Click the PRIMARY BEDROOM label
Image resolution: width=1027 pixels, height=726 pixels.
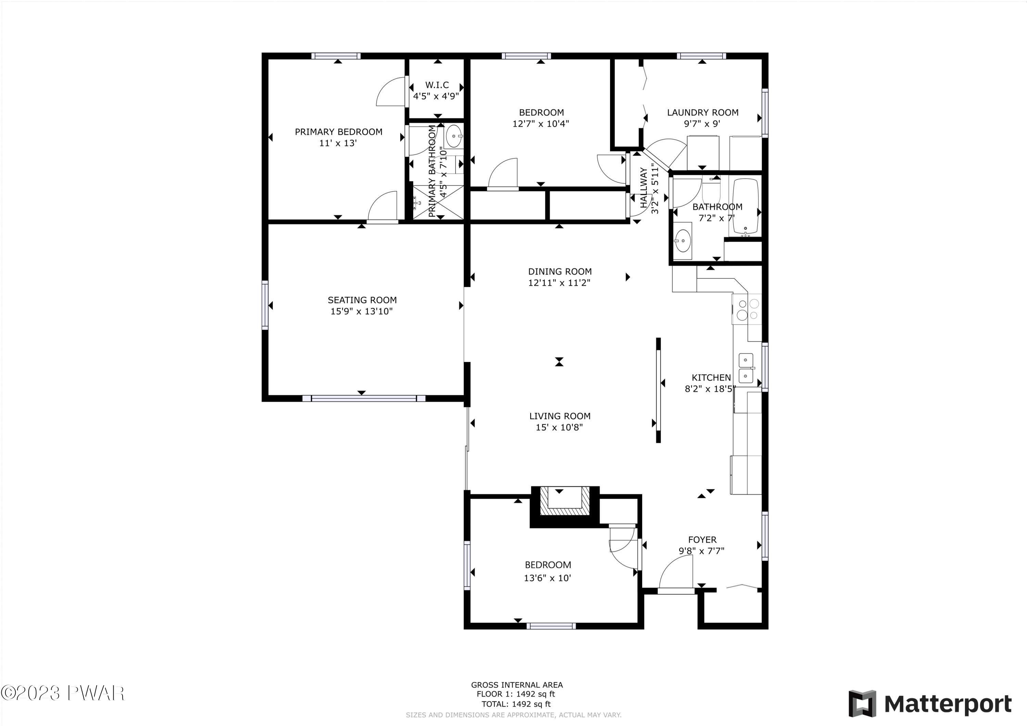pos(339,132)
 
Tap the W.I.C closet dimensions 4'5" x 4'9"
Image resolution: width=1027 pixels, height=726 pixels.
pos(436,96)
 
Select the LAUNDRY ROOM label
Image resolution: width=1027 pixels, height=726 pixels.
pos(703,113)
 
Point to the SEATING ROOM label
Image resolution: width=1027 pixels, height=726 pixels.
pos(362,300)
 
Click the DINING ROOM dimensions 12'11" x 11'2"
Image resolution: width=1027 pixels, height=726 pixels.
pos(560,283)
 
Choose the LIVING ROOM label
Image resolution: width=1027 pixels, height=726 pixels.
pos(560,416)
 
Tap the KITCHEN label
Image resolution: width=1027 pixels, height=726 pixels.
pos(711,378)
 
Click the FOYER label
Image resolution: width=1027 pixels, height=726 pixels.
pos(702,540)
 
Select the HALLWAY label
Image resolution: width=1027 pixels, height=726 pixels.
pos(644,188)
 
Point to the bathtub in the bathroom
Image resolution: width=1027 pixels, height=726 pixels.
pos(746,207)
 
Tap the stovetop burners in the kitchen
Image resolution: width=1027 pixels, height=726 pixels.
pos(747,309)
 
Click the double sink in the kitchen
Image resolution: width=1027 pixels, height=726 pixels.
pos(746,368)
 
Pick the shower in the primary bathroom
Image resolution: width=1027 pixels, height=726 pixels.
pos(438,203)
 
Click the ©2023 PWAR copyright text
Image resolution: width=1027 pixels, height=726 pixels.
pos(63,693)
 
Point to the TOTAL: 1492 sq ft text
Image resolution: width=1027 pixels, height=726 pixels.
pos(516,704)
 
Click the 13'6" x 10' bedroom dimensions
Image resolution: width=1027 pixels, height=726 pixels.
pos(547,578)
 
